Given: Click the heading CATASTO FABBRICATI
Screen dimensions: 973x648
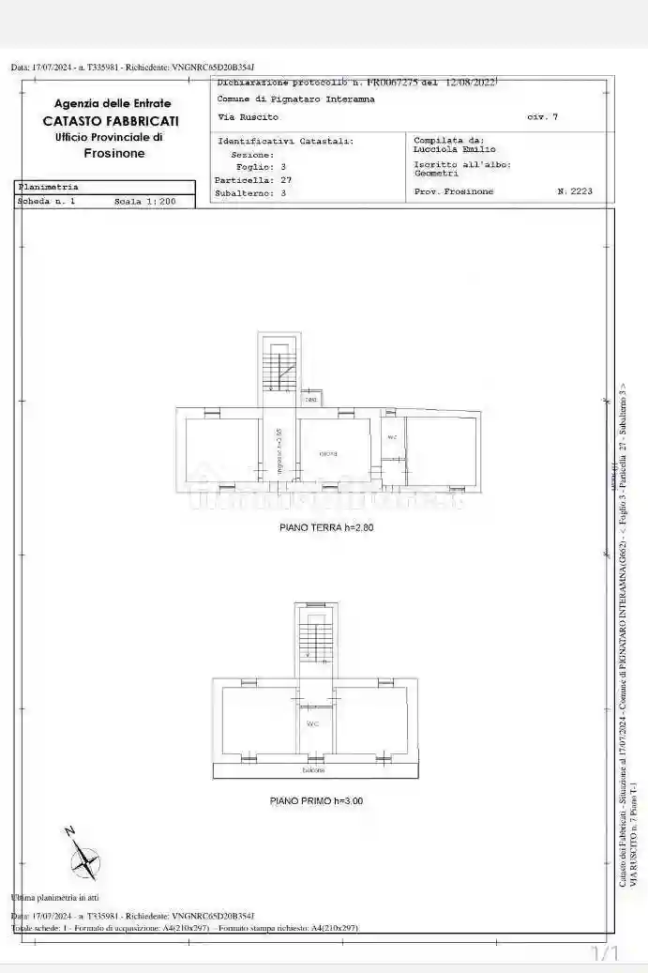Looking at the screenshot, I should click(111, 121).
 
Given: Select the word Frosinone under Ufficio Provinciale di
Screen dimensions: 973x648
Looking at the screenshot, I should click(114, 153).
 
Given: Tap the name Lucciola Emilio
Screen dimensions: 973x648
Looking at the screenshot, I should click(455, 149).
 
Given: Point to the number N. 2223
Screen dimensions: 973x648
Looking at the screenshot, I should click(574, 191).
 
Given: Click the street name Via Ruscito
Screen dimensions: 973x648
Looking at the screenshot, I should click(248, 116).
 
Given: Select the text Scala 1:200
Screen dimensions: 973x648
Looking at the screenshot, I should click(144, 201).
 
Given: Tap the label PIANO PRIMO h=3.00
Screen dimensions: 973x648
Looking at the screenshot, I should click(315, 801).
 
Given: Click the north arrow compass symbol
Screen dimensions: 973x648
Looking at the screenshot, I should click(85, 858).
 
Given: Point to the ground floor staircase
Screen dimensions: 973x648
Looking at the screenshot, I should click(279, 366).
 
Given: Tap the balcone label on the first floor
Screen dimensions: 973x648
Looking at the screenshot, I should click(313, 771).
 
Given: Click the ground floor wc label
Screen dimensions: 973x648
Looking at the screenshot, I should click(392, 437).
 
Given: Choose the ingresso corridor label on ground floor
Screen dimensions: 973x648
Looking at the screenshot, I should click(279, 448).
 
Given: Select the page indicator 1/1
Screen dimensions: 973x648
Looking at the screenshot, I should click(606, 954).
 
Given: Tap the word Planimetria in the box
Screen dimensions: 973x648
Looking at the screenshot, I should click(49, 187).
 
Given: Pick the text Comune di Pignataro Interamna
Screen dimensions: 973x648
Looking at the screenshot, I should click(295, 99).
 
